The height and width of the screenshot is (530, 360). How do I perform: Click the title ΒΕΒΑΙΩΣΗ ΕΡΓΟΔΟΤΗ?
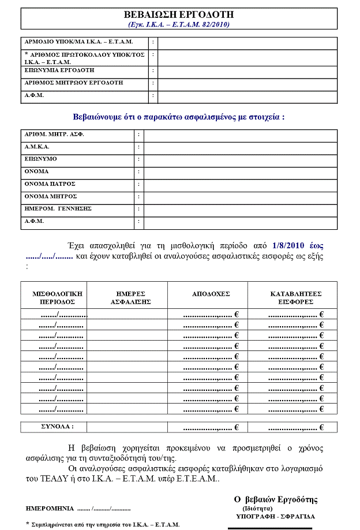pyautogui.click(x=179, y=14)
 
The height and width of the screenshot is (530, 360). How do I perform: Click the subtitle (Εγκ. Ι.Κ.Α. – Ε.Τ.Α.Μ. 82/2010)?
pyautogui.click(x=179, y=24)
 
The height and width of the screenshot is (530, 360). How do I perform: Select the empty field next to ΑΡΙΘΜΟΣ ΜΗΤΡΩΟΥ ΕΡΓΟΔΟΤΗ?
pyautogui.click(x=247, y=83)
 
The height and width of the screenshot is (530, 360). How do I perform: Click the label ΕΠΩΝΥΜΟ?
pyautogui.click(x=41, y=159)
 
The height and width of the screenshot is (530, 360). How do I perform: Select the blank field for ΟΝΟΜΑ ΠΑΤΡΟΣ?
pyautogui.click(x=240, y=184)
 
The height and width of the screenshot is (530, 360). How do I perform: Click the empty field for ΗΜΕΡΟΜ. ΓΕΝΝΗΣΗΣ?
pyautogui.click(x=240, y=209)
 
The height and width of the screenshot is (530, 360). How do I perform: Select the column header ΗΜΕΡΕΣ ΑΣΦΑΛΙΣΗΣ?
pyautogui.click(x=130, y=297)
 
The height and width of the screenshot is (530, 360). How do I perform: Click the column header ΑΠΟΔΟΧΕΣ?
pyautogui.click(x=211, y=294)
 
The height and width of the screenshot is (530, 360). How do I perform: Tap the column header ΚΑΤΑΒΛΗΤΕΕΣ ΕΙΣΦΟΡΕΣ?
pyautogui.click(x=295, y=297)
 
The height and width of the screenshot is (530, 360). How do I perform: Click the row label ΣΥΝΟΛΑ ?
pyautogui.click(x=54, y=427)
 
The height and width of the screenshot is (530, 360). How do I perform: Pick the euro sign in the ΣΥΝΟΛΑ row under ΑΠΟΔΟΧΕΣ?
pyautogui.click(x=237, y=428)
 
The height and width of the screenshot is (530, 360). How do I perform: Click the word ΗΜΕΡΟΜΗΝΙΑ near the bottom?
pyautogui.click(x=50, y=509)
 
